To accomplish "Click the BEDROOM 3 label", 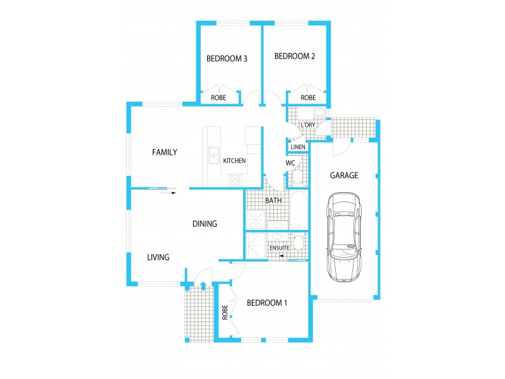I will click(x=227, y=59).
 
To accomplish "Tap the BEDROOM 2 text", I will click(x=295, y=56).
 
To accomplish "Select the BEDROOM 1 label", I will click(x=267, y=303).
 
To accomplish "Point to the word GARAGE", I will click(x=345, y=176).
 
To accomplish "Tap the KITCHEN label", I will click(x=234, y=161).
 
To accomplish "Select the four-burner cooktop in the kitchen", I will click(x=235, y=180).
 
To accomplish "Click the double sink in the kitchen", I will click(x=214, y=154).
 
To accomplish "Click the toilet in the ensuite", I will click(x=299, y=242).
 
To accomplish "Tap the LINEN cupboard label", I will click(x=298, y=147).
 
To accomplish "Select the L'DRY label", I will click(x=308, y=125).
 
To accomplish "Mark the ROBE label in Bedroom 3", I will click(x=218, y=98).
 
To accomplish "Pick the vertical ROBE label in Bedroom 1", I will click(x=225, y=312).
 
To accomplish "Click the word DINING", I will click(x=205, y=224).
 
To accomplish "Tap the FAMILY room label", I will click(x=164, y=152).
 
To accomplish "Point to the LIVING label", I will click(x=158, y=257).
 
